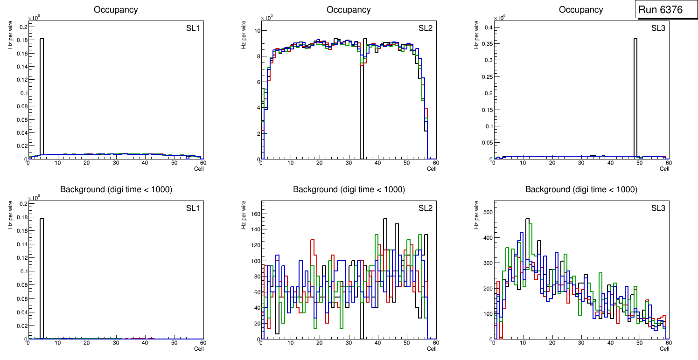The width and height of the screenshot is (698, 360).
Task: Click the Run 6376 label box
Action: point(666,9)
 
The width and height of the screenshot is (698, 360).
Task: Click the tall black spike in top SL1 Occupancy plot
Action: point(42,93)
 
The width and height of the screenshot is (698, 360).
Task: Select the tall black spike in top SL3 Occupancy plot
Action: point(635,93)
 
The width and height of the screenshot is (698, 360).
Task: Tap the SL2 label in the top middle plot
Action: point(425,28)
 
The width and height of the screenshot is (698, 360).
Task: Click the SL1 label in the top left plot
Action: point(193,28)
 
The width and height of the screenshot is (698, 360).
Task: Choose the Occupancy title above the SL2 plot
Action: point(349,10)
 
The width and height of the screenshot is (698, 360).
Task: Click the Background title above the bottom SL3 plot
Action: point(581,189)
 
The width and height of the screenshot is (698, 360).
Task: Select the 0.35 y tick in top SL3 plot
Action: point(487,44)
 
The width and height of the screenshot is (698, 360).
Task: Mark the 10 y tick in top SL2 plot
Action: point(256,31)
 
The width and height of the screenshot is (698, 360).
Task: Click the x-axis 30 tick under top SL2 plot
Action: point(349,163)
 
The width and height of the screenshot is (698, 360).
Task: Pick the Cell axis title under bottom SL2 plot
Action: point(432,348)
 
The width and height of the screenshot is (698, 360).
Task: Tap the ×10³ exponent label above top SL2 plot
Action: point(266,18)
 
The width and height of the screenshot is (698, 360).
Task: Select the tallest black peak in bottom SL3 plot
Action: point(527,219)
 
